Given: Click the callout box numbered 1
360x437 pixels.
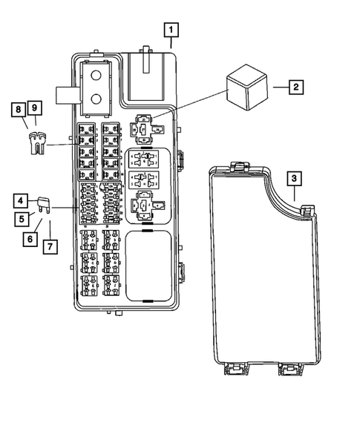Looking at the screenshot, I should tap(171, 30).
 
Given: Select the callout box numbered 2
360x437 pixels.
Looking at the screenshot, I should tap(295, 88).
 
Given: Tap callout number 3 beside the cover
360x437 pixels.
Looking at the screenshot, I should tap(294, 179).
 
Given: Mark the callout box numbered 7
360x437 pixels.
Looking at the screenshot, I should tap(50, 246).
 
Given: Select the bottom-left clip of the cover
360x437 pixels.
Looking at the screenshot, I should tap(232, 367).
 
